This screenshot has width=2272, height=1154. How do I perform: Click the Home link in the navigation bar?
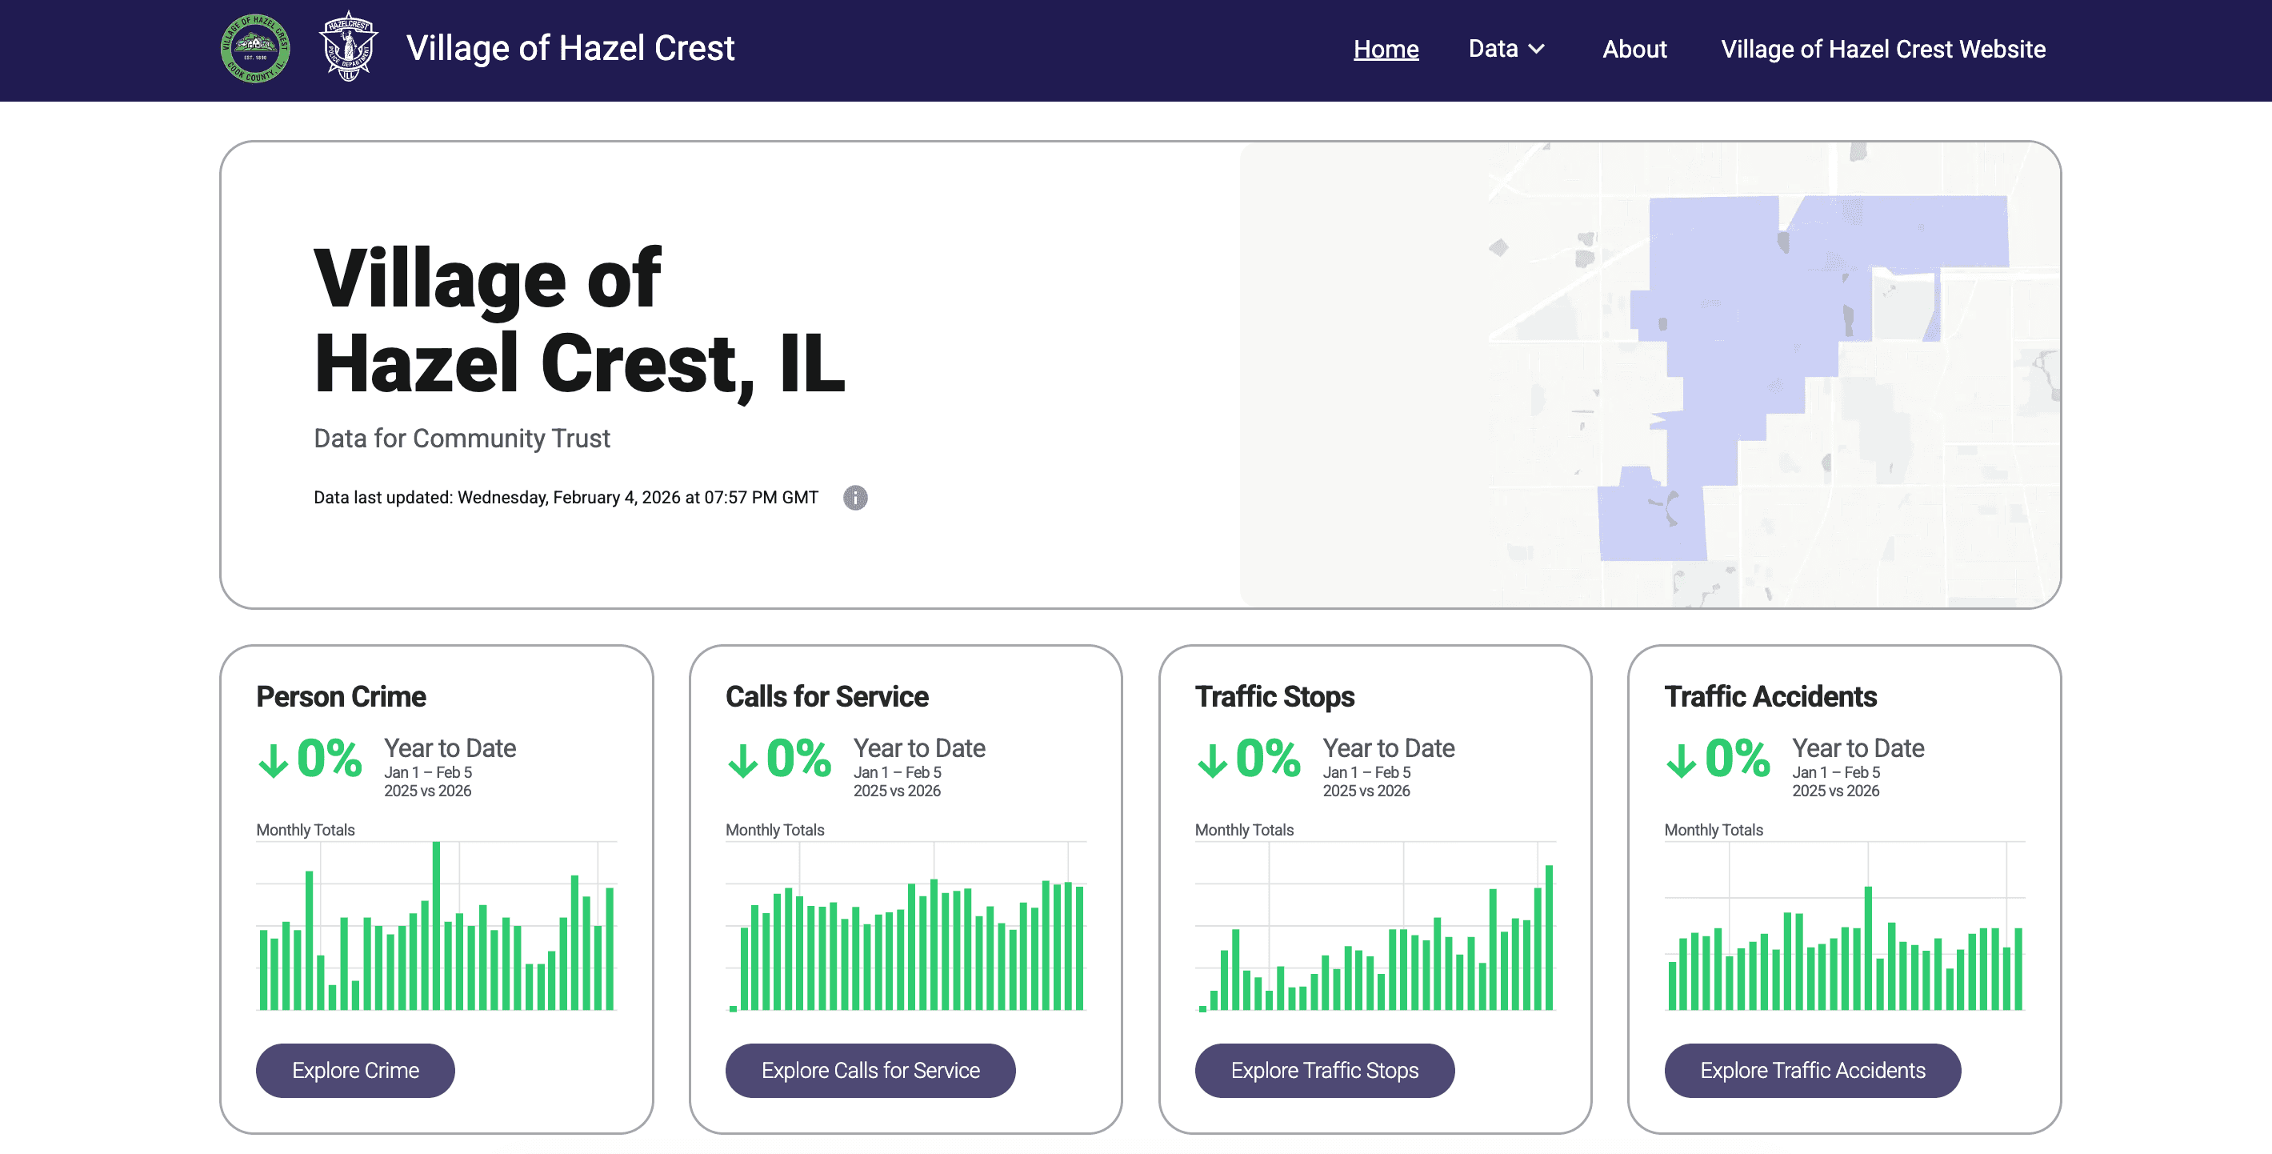click(x=1386, y=50)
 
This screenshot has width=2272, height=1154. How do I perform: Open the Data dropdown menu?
click(x=1506, y=50)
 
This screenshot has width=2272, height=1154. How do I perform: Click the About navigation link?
click(x=1634, y=50)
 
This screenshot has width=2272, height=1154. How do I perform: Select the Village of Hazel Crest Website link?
click(x=1882, y=50)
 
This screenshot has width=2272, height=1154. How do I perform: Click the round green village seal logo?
click(x=255, y=49)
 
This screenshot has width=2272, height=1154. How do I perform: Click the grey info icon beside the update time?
click(x=854, y=498)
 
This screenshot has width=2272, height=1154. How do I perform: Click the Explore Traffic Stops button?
click(x=1324, y=1070)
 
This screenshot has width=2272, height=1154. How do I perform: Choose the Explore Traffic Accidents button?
click(x=1812, y=1070)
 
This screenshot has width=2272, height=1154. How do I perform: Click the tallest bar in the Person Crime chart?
click(x=436, y=927)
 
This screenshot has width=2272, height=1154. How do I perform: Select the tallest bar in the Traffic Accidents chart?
click(x=1867, y=948)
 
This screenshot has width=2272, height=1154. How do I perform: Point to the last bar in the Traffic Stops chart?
click(x=1548, y=938)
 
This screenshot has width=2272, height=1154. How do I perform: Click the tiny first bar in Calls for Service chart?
click(x=733, y=1008)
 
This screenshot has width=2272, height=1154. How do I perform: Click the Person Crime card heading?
click(x=341, y=696)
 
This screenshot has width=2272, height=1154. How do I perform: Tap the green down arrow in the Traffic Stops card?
click(x=1212, y=759)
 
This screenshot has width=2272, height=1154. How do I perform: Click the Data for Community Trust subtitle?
click(x=462, y=439)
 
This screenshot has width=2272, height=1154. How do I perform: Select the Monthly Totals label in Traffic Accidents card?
click(x=1713, y=830)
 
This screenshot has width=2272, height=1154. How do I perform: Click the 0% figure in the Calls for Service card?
click(x=798, y=758)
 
